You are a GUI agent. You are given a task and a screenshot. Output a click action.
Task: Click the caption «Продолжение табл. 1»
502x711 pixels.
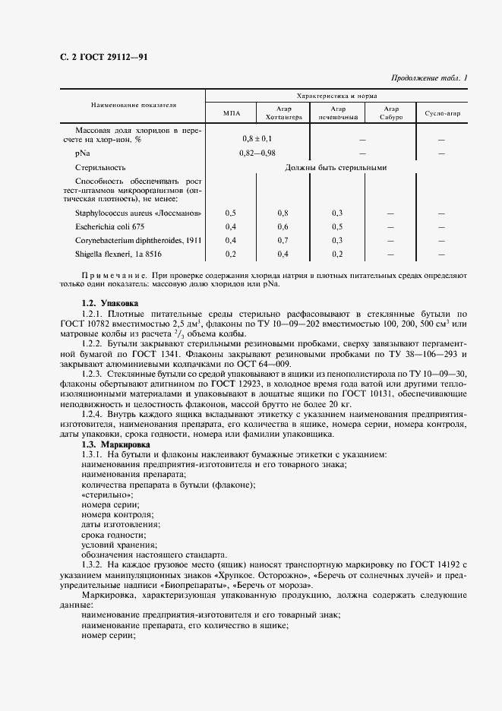click(x=429, y=77)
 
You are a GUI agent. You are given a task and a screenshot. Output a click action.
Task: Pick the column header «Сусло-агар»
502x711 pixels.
click(x=442, y=113)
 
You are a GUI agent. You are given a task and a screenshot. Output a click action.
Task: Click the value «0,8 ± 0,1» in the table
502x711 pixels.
click(x=257, y=139)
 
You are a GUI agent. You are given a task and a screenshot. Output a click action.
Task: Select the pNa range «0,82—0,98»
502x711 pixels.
click(x=257, y=153)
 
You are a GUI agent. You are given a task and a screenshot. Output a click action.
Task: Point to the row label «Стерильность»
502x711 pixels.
click(x=100, y=167)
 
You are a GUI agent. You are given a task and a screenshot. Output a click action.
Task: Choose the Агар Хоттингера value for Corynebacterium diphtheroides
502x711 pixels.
click(x=283, y=240)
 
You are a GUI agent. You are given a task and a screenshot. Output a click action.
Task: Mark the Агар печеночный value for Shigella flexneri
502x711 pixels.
click(x=337, y=254)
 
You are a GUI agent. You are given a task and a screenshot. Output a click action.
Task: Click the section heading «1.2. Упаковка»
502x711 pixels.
click(x=110, y=302)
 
